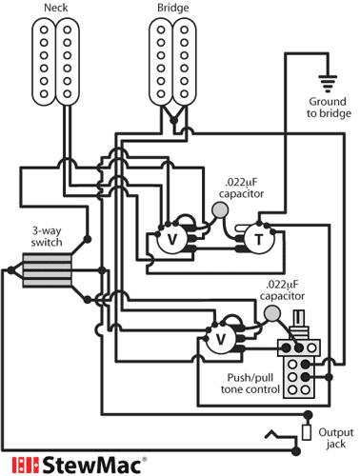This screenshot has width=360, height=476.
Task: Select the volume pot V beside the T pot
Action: [172, 241]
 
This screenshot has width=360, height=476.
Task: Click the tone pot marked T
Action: [257, 240]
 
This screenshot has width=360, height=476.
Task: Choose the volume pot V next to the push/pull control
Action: [221, 338]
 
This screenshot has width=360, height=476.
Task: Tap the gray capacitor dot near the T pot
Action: [220, 210]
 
